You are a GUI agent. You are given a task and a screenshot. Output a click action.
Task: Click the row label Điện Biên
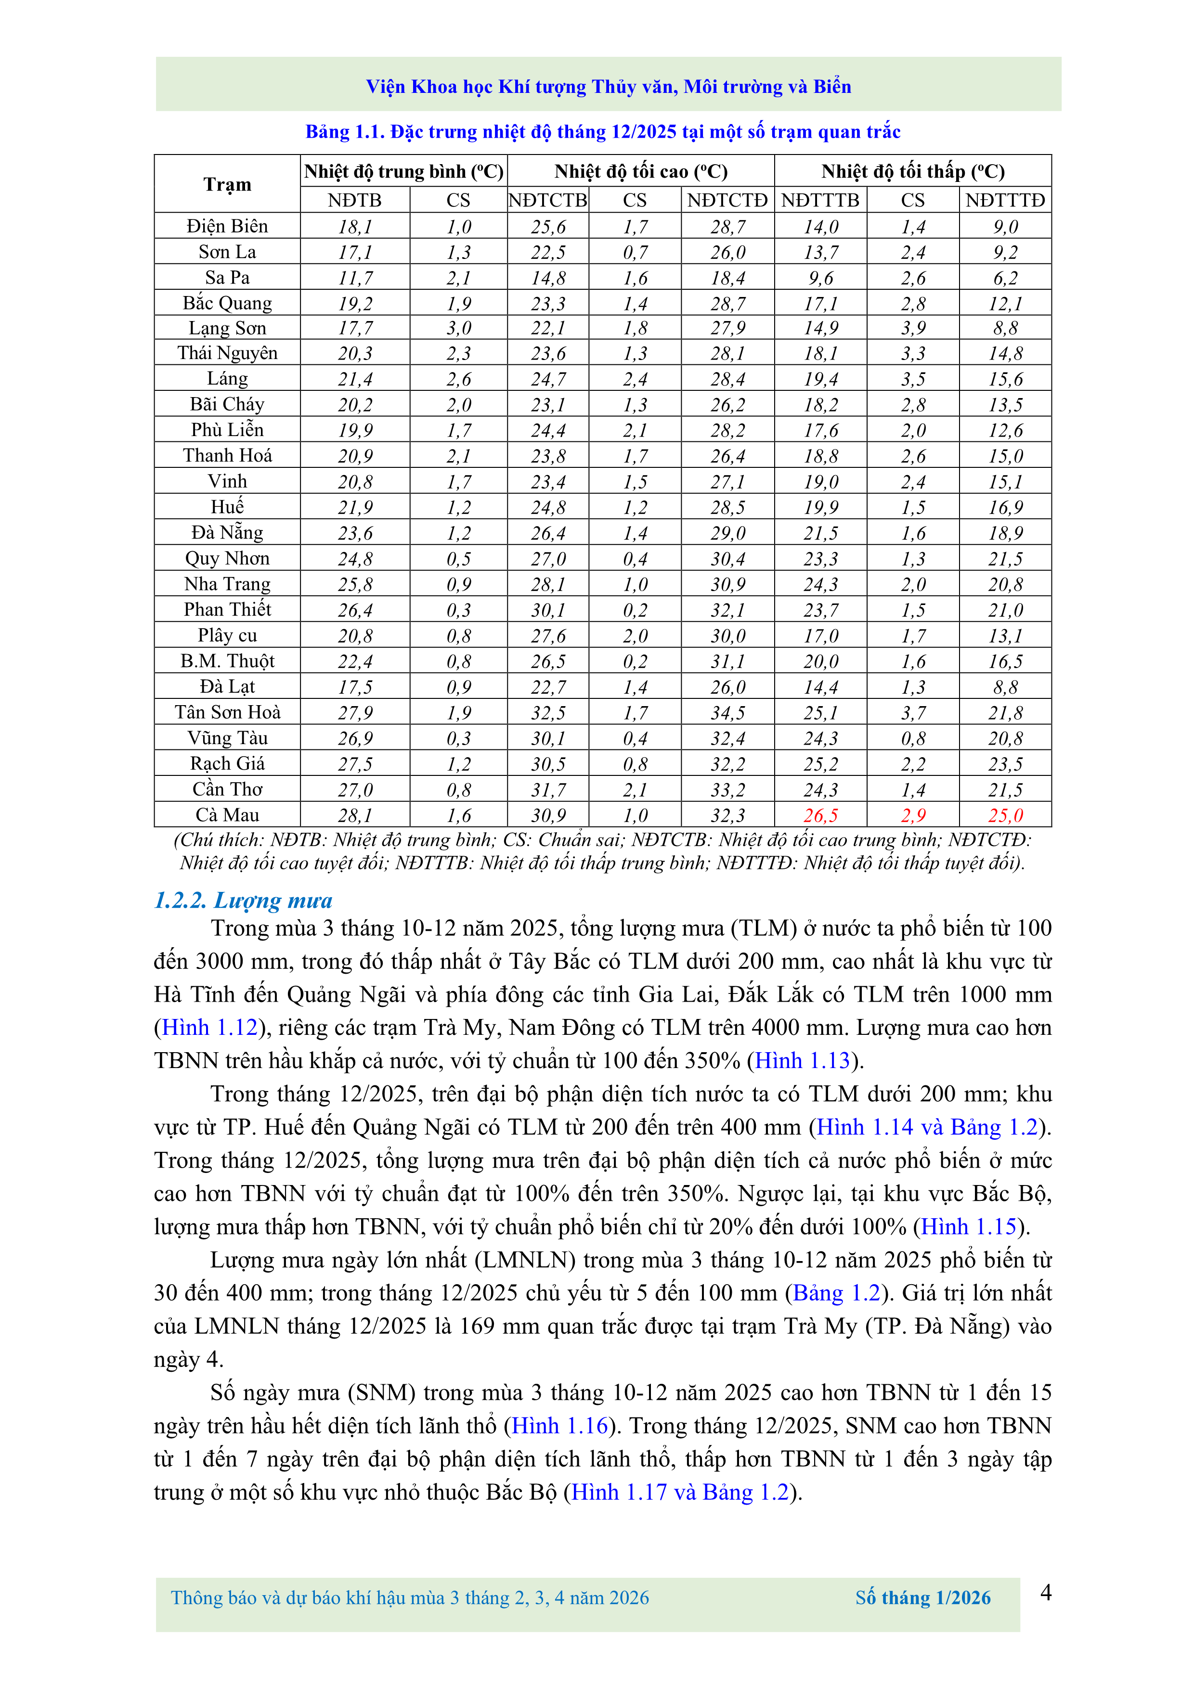(227, 226)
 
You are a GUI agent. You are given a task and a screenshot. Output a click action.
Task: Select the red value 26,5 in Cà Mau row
(820, 815)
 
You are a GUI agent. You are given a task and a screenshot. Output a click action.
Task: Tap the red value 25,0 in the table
(1005, 815)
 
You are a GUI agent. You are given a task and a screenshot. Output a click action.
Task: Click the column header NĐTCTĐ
(727, 200)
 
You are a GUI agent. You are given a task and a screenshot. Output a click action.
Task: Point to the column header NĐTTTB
(820, 200)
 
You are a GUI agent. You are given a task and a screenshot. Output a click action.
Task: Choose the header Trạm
(227, 184)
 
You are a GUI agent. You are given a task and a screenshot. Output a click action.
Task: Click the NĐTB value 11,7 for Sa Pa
(355, 278)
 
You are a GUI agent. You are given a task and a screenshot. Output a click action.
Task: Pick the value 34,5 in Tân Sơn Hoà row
(727, 712)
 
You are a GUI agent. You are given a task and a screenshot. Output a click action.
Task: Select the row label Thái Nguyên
(227, 353)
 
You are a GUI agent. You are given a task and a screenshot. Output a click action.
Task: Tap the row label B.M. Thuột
(227, 661)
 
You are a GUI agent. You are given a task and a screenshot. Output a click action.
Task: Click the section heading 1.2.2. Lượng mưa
(243, 900)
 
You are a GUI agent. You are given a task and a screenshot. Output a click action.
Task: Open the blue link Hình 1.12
(209, 1027)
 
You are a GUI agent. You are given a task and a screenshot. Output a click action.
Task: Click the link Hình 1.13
(802, 1060)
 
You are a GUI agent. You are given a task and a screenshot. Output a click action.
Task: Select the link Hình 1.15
(968, 1226)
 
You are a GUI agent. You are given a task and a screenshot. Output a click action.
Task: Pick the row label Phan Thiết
(227, 609)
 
